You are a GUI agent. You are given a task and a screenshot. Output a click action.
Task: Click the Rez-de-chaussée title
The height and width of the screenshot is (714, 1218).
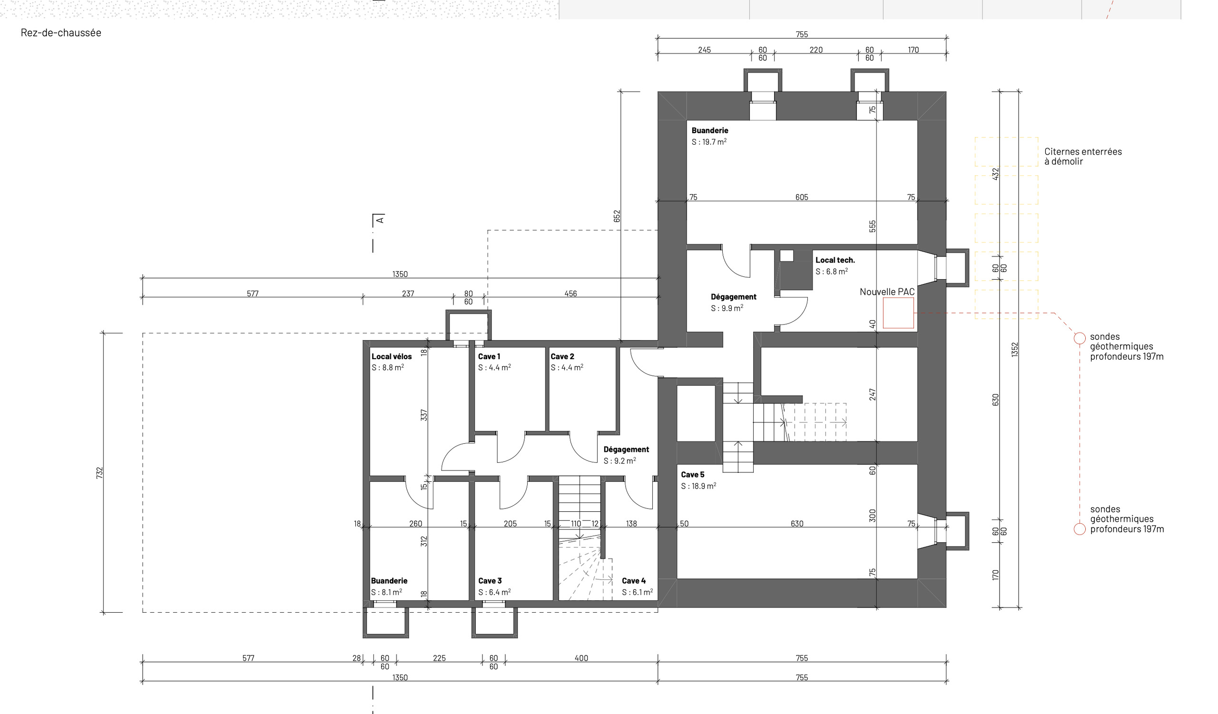click(x=61, y=33)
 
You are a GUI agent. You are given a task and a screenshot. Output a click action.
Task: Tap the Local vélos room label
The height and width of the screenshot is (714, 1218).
click(x=392, y=356)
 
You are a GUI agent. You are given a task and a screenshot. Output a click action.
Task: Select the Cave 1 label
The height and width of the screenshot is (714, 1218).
click(x=489, y=356)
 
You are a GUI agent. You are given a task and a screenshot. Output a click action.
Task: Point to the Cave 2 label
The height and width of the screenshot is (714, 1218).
click(x=562, y=356)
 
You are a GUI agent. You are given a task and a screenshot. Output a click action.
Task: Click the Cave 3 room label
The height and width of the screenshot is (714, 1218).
click(x=490, y=581)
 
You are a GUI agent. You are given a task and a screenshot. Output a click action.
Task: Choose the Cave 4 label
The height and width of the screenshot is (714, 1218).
click(x=634, y=581)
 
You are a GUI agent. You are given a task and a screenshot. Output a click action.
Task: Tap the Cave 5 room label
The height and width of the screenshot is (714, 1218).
click(x=693, y=474)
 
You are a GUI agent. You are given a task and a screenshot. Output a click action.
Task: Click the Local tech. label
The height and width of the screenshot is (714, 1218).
click(x=835, y=260)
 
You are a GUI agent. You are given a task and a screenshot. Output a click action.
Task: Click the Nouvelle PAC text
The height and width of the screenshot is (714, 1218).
click(x=887, y=292)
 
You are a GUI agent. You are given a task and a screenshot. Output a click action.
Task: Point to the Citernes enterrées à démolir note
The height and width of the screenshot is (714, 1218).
click(x=1083, y=156)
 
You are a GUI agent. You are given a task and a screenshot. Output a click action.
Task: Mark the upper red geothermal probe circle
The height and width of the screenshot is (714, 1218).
click(x=1080, y=338)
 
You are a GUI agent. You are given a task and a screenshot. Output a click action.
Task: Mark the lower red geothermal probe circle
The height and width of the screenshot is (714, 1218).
click(x=1080, y=529)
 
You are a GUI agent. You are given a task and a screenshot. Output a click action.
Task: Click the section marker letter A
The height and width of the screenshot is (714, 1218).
click(x=380, y=220)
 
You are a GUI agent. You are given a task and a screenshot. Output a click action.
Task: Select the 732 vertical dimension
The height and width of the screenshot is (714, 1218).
click(x=99, y=473)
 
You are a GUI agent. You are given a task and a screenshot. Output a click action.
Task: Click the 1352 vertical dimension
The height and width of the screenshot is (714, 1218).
click(x=1015, y=350)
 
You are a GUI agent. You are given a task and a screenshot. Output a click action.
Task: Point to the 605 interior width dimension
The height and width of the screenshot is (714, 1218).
click(x=802, y=197)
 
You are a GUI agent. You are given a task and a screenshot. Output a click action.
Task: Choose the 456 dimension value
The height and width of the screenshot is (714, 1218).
click(x=571, y=293)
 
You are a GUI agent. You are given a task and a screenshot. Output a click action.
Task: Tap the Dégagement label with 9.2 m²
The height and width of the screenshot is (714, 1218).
click(x=626, y=449)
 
